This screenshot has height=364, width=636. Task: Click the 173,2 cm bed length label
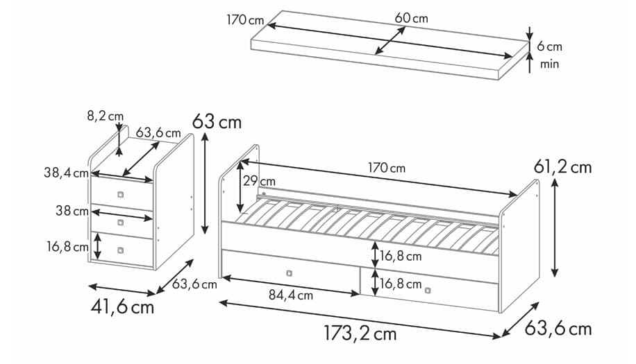tap(360, 333)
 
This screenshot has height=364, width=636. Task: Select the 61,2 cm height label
tap(562, 166)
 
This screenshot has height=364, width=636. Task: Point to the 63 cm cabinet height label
tap(217, 122)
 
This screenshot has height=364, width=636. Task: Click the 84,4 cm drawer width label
tap(290, 295)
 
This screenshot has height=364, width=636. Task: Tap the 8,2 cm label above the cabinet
tap(106, 116)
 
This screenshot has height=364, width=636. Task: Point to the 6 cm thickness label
tap(549, 47)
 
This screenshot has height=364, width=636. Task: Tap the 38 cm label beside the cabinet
tap(72, 211)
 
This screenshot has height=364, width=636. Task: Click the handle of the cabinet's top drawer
tap(121, 193)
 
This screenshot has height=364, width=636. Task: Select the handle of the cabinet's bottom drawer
tap(121, 250)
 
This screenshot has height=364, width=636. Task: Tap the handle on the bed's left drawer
tap(289, 272)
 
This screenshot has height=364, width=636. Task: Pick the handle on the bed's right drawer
tap(427, 290)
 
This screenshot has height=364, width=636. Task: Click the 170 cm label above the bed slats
tap(387, 168)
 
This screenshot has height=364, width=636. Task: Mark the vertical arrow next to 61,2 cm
tap(555, 226)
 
